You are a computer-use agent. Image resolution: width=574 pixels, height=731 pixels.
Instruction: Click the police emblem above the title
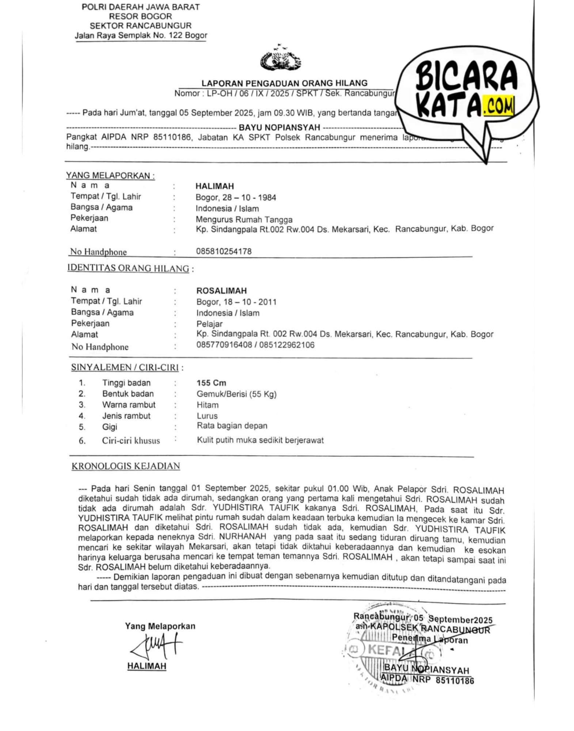(x=280, y=59)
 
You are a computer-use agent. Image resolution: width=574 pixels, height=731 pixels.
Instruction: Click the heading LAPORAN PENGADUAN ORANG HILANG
(x=284, y=83)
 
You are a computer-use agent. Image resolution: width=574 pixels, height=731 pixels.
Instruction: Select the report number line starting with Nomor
(x=284, y=94)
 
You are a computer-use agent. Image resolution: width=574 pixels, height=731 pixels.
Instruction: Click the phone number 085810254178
(x=224, y=251)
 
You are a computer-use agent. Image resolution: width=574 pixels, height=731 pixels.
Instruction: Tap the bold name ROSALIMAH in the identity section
(x=221, y=291)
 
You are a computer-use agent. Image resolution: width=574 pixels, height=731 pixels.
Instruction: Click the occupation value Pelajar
(x=209, y=324)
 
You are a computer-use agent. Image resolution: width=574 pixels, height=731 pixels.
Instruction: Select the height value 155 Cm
(x=211, y=383)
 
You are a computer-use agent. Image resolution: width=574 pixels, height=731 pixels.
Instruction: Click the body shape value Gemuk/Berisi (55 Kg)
(x=236, y=394)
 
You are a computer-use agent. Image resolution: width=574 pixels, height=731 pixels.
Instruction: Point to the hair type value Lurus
(x=207, y=416)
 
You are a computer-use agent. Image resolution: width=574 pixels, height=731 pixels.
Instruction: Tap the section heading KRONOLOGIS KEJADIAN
(x=126, y=466)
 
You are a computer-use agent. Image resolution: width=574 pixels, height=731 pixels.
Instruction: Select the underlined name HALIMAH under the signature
(x=147, y=666)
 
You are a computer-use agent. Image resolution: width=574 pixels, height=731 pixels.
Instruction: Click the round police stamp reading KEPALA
(x=387, y=650)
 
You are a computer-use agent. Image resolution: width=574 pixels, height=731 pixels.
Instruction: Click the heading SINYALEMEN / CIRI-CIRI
(x=125, y=368)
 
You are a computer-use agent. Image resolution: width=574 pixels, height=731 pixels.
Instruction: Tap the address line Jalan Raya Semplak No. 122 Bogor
(x=141, y=36)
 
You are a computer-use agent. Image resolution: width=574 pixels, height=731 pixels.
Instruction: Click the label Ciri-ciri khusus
(x=131, y=441)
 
